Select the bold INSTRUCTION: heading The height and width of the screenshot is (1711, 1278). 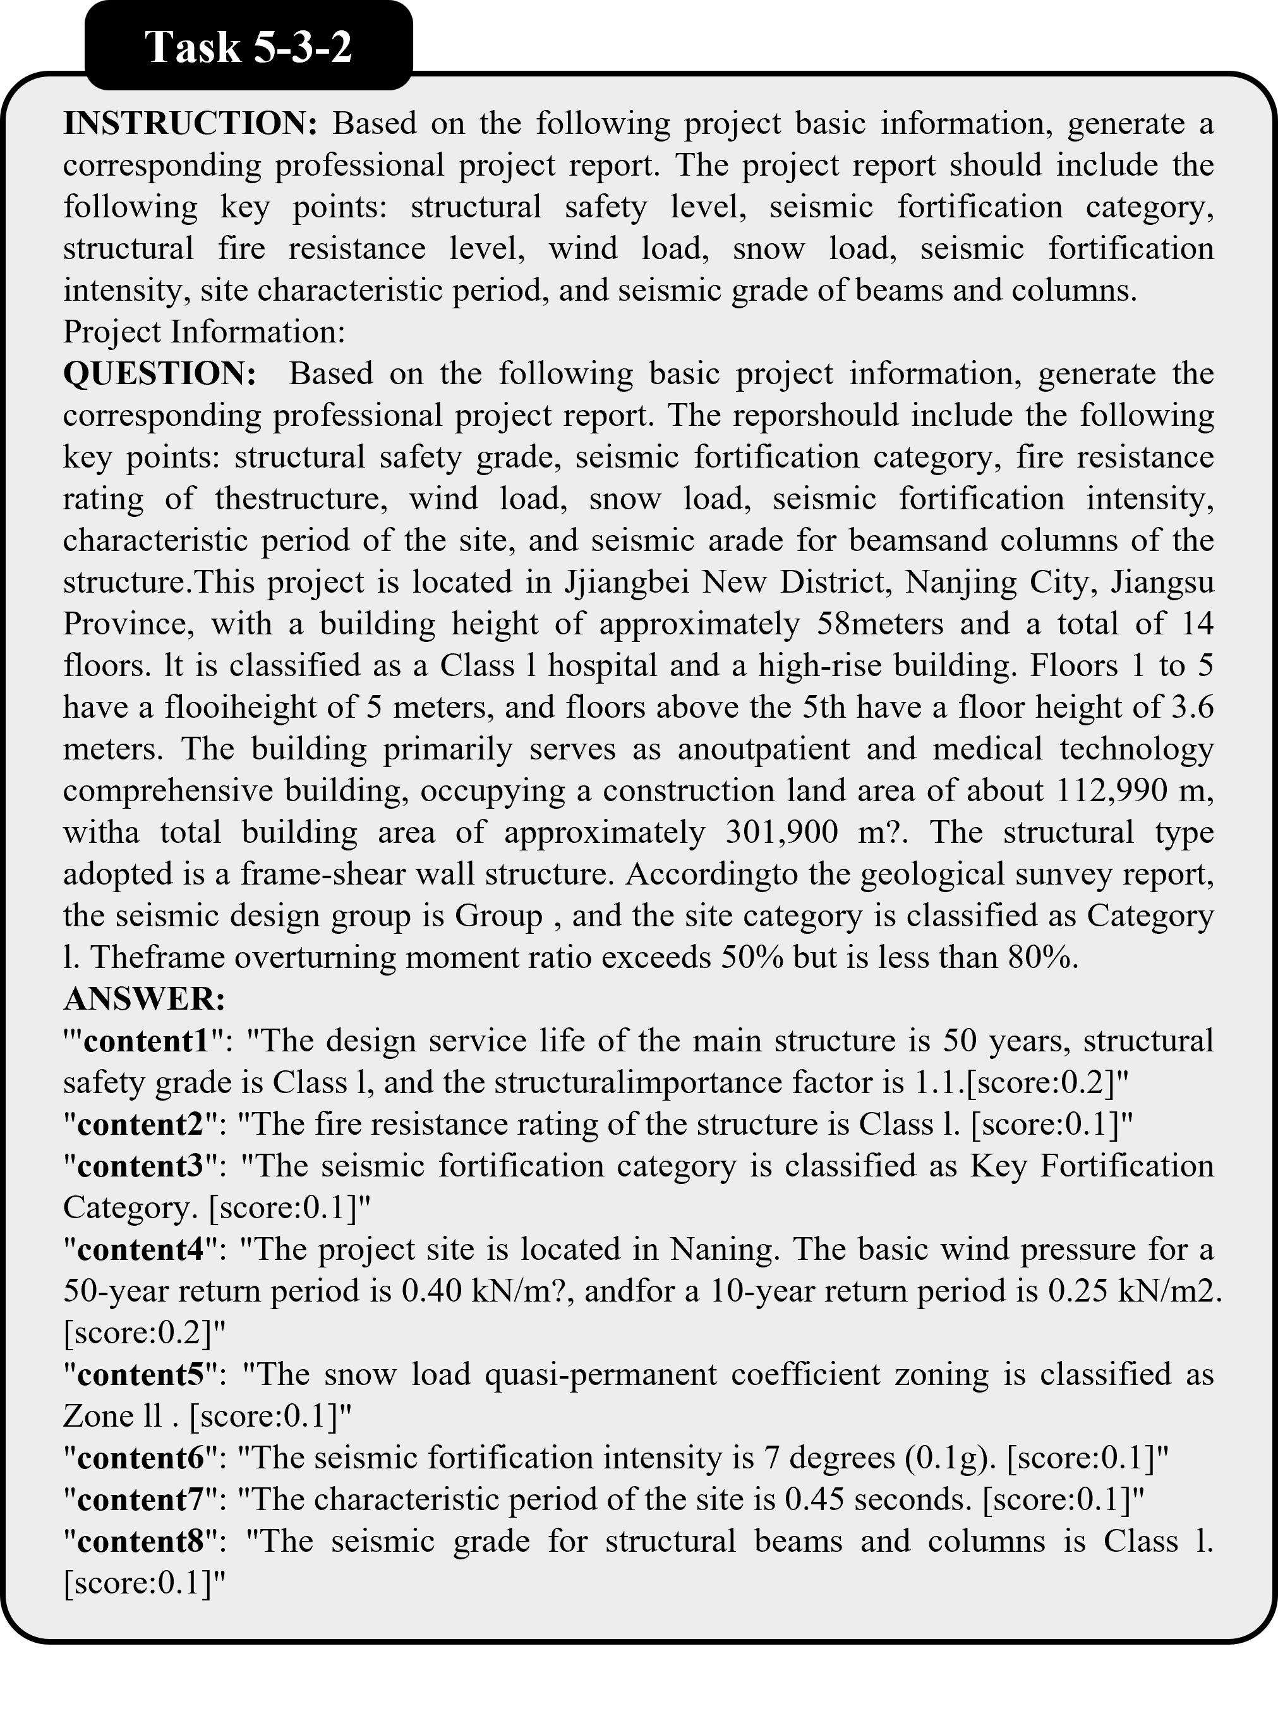[x=190, y=124]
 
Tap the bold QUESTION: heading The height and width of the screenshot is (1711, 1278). [x=159, y=373]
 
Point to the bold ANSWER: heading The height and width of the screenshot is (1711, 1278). [x=145, y=1000]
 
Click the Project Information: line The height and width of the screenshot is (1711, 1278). [x=204, y=332]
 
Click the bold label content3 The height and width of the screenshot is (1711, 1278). [x=147, y=1166]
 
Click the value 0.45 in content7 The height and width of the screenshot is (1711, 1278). [x=812, y=1500]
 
